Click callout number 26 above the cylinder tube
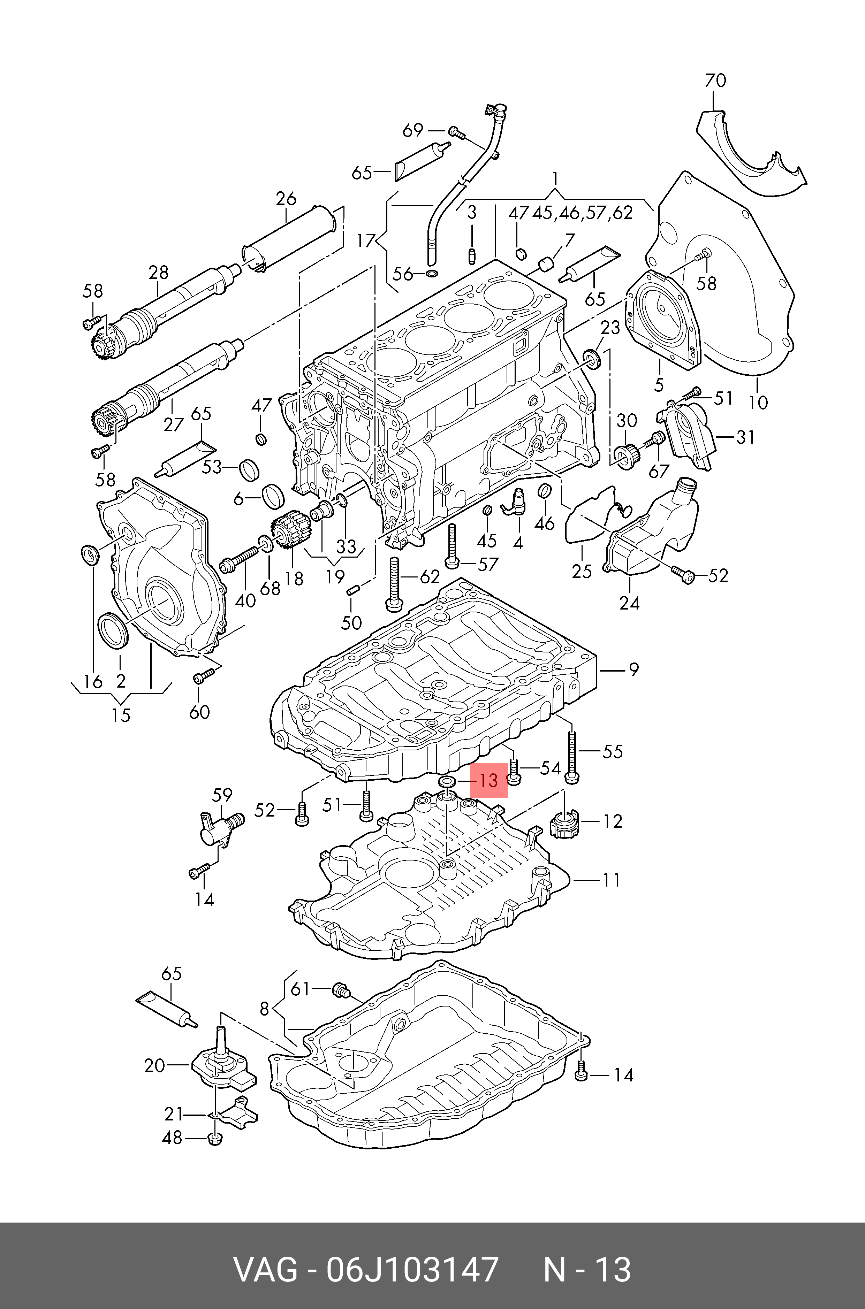pyautogui.click(x=286, y=199)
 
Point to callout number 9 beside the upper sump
pyautogui.click(x=634, y=670)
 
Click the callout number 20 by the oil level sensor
pyautogui.click(x=154, y=1066)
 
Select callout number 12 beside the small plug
pyautogui.click(x=612, y=821)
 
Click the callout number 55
pyautogui.click(x=612, y=751)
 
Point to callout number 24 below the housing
pyautogui.click(x=629, y=603)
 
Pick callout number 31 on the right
pyautogui.click(x=745, y=437)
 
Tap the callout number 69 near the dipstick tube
pyautogui.click(x=413, y=131)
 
